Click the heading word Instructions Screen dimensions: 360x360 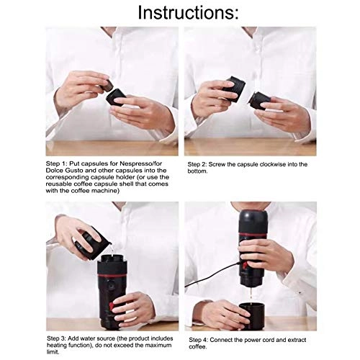[x=179, y=12]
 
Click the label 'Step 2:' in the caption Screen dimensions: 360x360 [x=200, y=165]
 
